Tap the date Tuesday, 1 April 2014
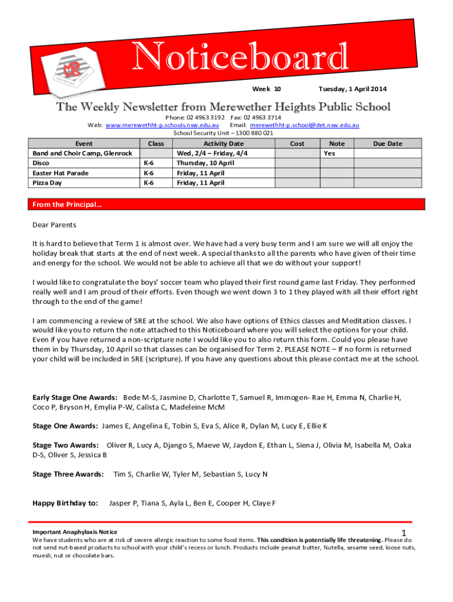tap(352, 89)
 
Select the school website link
tap(162, 125)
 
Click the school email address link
tap(304, 125)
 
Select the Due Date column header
tap(387, 143)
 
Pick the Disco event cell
tap(41, 163)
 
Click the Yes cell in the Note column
tap(329, 153)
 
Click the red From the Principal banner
tap(226, 205)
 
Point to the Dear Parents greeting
tap(54, 225)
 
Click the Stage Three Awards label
tap(68, 474)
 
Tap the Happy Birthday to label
tap(65, 503)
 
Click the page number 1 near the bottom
tap(404, 532)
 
